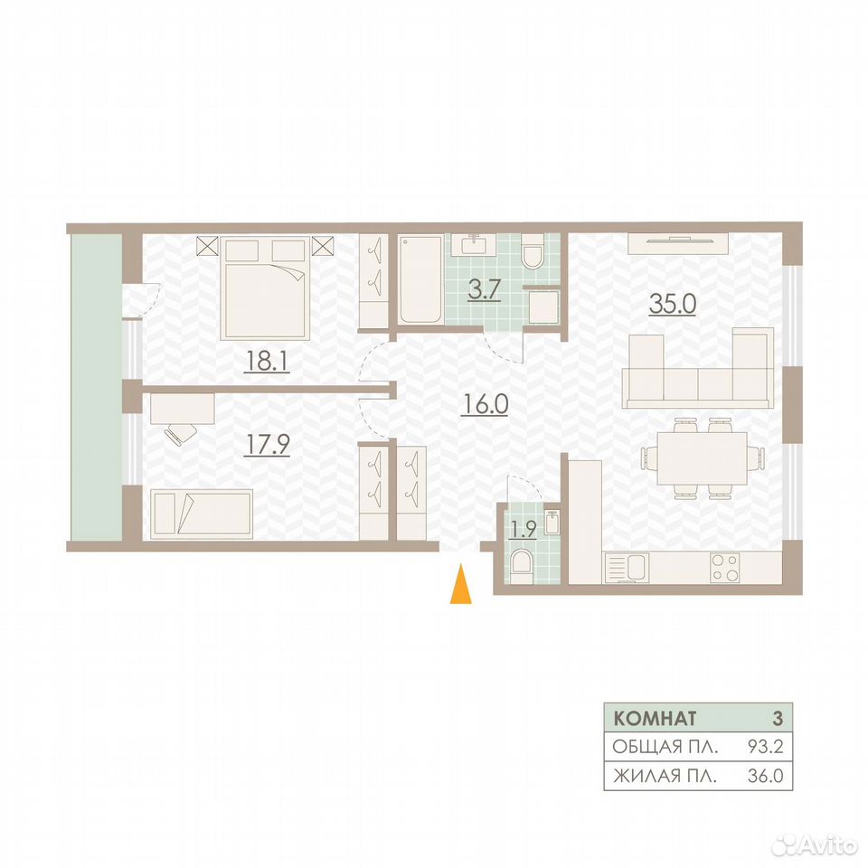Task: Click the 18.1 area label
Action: click(267, 362)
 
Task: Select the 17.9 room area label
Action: click(267, 444)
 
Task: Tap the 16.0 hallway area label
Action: click(485, 405)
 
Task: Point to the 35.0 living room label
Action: click(672, 304)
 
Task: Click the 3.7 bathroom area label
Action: click(485, 290)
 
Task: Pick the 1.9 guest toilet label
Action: click(524, 530)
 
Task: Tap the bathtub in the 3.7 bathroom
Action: click(420, 279)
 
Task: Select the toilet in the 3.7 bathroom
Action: click(533, 251)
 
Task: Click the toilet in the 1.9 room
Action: click(522, 565)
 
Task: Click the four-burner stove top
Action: click(724, 568)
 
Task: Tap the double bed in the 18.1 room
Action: click(265, 288)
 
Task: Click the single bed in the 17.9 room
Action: click(202, 514)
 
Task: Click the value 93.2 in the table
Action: click(766, 747)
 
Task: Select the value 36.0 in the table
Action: click(766, 776)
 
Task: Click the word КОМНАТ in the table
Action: click(655, 719)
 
